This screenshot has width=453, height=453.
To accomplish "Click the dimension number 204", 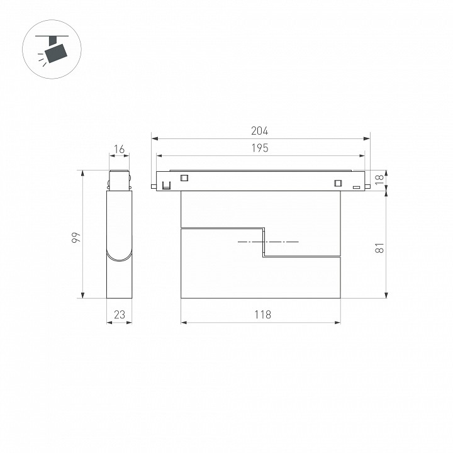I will click(259, 131).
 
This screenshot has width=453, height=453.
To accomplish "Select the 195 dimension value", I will click(259, 148).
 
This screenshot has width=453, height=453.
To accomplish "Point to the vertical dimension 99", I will click(74, 237).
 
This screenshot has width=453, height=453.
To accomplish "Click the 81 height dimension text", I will click(379, 248).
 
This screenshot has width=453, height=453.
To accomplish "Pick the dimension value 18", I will click(379, 179).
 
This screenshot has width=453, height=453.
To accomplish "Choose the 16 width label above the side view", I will click(120, 150).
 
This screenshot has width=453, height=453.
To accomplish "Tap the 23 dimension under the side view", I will click(120, 315).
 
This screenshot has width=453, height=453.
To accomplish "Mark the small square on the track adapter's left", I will click(184, 178).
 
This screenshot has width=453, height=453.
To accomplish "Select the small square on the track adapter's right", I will click(338, 183).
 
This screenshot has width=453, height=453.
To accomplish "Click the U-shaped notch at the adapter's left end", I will click(167, 185).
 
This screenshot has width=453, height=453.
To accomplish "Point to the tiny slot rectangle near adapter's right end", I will click(356, 187).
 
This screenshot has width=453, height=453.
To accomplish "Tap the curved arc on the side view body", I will click(120, 257).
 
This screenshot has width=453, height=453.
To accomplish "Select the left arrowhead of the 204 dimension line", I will click(154, 138).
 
